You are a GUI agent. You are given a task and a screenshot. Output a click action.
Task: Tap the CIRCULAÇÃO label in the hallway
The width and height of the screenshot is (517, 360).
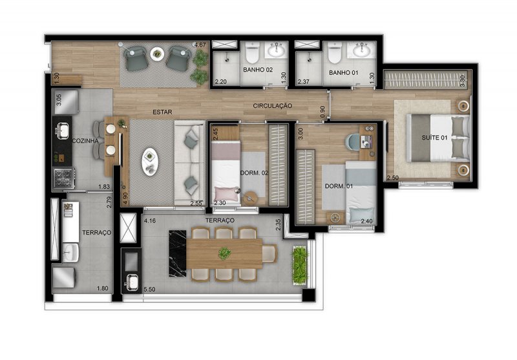coord(272,105)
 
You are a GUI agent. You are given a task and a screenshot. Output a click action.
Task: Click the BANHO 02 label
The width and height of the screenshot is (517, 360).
coord(258,70)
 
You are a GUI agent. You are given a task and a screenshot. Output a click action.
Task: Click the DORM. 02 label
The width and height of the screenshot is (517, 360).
coord(255,173)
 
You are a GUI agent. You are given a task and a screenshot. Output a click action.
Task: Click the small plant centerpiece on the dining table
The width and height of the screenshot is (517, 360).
coord(225,253)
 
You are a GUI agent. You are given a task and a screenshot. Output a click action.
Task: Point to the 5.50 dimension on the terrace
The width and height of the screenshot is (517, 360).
coord(150,290)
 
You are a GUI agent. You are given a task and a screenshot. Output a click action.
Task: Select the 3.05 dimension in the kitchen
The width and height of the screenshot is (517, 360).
coord(58,100)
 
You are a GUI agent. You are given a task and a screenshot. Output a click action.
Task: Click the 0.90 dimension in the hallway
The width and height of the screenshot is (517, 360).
coord(323,111)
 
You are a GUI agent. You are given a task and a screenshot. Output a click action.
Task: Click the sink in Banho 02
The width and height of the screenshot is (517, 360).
coord(279,49)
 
